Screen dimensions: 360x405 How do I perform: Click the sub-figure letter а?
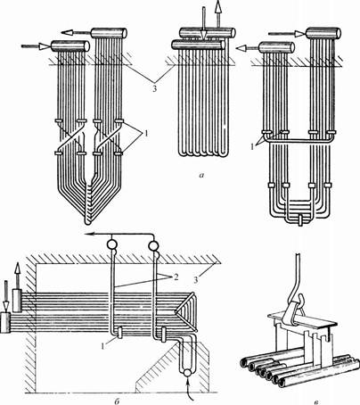point(201,175)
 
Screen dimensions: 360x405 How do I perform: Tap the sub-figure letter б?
point(117,401)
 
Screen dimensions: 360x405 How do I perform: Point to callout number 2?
point(176,277)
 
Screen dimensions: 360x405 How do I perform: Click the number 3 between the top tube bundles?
point(154,88)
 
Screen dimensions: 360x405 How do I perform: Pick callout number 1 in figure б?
point(103,345)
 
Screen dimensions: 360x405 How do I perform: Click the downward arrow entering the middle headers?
point(203,23)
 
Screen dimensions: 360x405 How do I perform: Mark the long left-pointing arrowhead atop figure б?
point(88,235)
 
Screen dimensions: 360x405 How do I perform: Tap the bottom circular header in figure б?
point(187,373)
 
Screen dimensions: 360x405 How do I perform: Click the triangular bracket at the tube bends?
point(186,311)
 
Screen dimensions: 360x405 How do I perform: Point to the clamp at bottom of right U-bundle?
point(300,221)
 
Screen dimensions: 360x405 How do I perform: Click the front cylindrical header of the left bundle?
point(70,46)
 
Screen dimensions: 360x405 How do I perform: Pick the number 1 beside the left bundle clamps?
point(145,134)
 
